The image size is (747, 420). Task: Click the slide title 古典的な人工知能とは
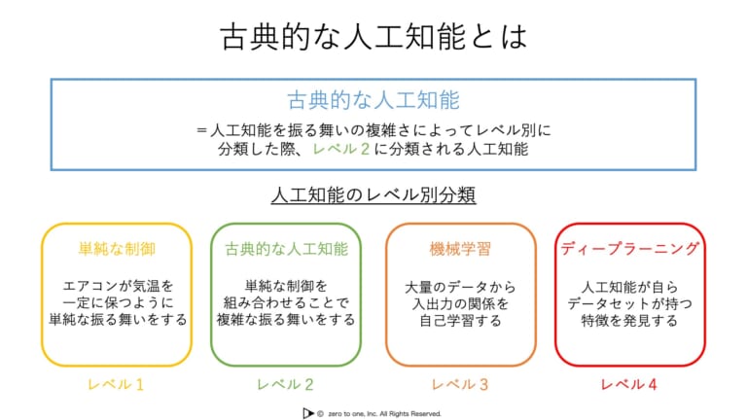click(373, 37)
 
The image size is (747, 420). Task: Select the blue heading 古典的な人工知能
click(373, 100)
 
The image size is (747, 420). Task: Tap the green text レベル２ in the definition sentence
click(341, 149)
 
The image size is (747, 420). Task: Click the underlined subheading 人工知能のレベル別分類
click(373, 194)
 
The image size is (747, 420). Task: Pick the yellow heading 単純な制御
click(117, 249)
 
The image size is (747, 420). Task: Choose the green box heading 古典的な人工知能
click(286, 249)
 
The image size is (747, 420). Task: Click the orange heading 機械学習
click(460, 249)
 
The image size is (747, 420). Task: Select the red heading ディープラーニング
click(630, 248)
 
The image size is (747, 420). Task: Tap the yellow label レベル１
click(116, 384)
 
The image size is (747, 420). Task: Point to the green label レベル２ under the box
click(285, 384)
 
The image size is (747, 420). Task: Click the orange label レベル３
click(460, 384)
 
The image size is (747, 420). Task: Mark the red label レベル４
click(629, 384)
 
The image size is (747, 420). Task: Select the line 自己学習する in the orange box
click(460, 320)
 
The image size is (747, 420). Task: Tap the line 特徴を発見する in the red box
click(630, 320)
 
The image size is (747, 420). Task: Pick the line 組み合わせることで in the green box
click(286, 302)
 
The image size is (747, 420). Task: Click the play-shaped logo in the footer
click(307, 413)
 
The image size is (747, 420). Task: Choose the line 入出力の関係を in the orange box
click(460, 303)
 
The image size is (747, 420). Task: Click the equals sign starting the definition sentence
click(201, 130)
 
